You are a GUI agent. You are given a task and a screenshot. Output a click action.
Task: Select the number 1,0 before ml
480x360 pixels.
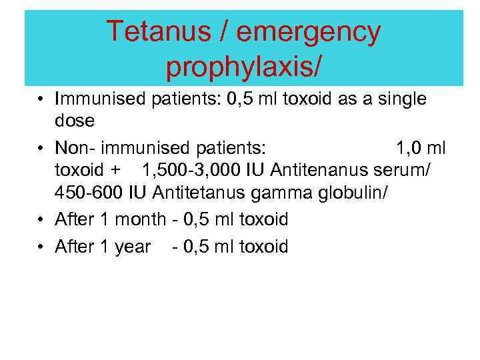408,147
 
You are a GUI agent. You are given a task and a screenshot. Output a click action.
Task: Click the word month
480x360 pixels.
141,219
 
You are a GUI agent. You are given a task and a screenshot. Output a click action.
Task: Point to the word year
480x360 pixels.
134,247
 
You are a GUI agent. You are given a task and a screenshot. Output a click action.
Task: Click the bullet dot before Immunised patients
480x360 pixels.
41,100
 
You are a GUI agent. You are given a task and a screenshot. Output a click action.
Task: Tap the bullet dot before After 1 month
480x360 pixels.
41,219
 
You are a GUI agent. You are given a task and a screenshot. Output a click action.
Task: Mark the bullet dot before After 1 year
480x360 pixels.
41,247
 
